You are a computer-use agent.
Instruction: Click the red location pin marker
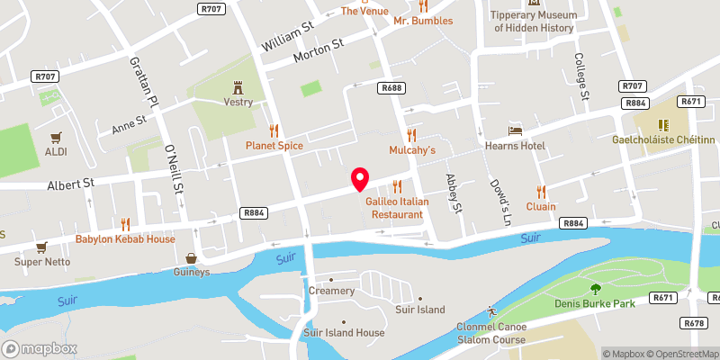(x=360, y=179)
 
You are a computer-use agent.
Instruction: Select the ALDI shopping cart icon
(x=56, y=137)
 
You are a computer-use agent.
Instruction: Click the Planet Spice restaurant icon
(x=274, y=130)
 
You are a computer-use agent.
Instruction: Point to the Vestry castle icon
(x=238, y=87)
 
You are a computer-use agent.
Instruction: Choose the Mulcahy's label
(x=412, y=149)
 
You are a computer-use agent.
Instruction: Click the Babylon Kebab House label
(x=125, y=238)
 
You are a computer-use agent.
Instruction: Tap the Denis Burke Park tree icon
(x=595, y=289)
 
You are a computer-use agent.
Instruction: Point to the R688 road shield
(x=391, y=87)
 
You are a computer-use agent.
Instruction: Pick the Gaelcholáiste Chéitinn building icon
(x=667, y=125)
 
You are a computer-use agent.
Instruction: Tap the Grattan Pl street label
(x=141, y=90)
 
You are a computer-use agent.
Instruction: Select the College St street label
(x=581, y=76)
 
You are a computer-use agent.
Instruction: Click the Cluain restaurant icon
(x=541, y=191)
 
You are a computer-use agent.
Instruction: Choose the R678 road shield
(x=693, y=321)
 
